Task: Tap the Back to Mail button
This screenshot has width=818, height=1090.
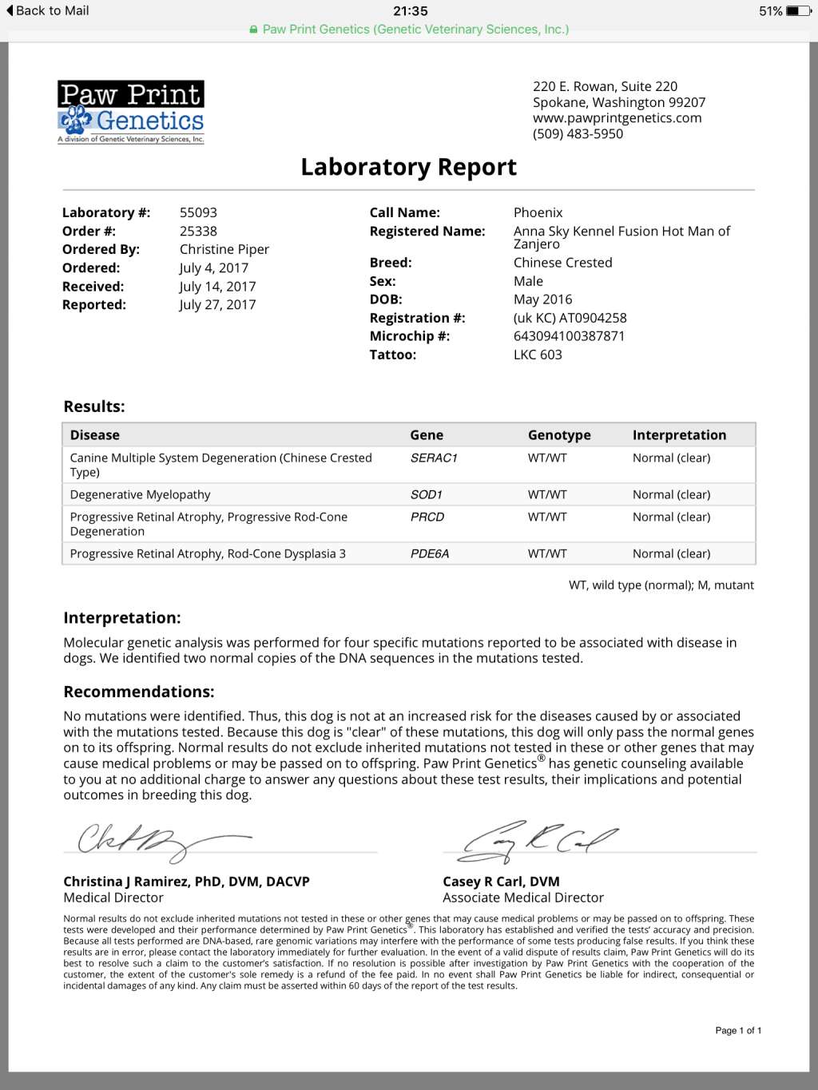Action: [x=47, y=11]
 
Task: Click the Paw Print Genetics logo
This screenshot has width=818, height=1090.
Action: [x=131, y=112]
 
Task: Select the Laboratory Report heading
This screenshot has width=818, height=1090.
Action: [x=408, y=167]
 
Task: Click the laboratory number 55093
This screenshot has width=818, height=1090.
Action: [x=198, y=212]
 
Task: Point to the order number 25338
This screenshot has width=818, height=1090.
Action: [x=198, y=231]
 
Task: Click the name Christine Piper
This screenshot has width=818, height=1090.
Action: [x=224, y=249]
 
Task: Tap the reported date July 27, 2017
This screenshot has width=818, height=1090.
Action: [x=217, y=304]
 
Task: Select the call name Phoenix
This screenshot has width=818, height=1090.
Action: [x=538, y=212]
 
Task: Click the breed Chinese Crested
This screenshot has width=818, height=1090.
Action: [x=562, y=263]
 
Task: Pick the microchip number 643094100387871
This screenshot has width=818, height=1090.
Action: [x=569, y=336]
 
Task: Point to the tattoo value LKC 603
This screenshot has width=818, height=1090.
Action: [x=538, y=355]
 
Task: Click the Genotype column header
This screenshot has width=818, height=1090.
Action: [x=559, y=435]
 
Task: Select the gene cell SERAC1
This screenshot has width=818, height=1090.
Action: [x=434, y=458]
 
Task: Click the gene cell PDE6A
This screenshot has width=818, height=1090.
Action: [x=430, y=553]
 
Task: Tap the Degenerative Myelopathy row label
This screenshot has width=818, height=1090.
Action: [x=141, y=494]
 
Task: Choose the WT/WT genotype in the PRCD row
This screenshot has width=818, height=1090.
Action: [x=547, y=517]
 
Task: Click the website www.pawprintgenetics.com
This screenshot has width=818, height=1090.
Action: [x=617, y=118]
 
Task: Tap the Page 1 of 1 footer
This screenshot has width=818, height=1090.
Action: [x=738, y=1030]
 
